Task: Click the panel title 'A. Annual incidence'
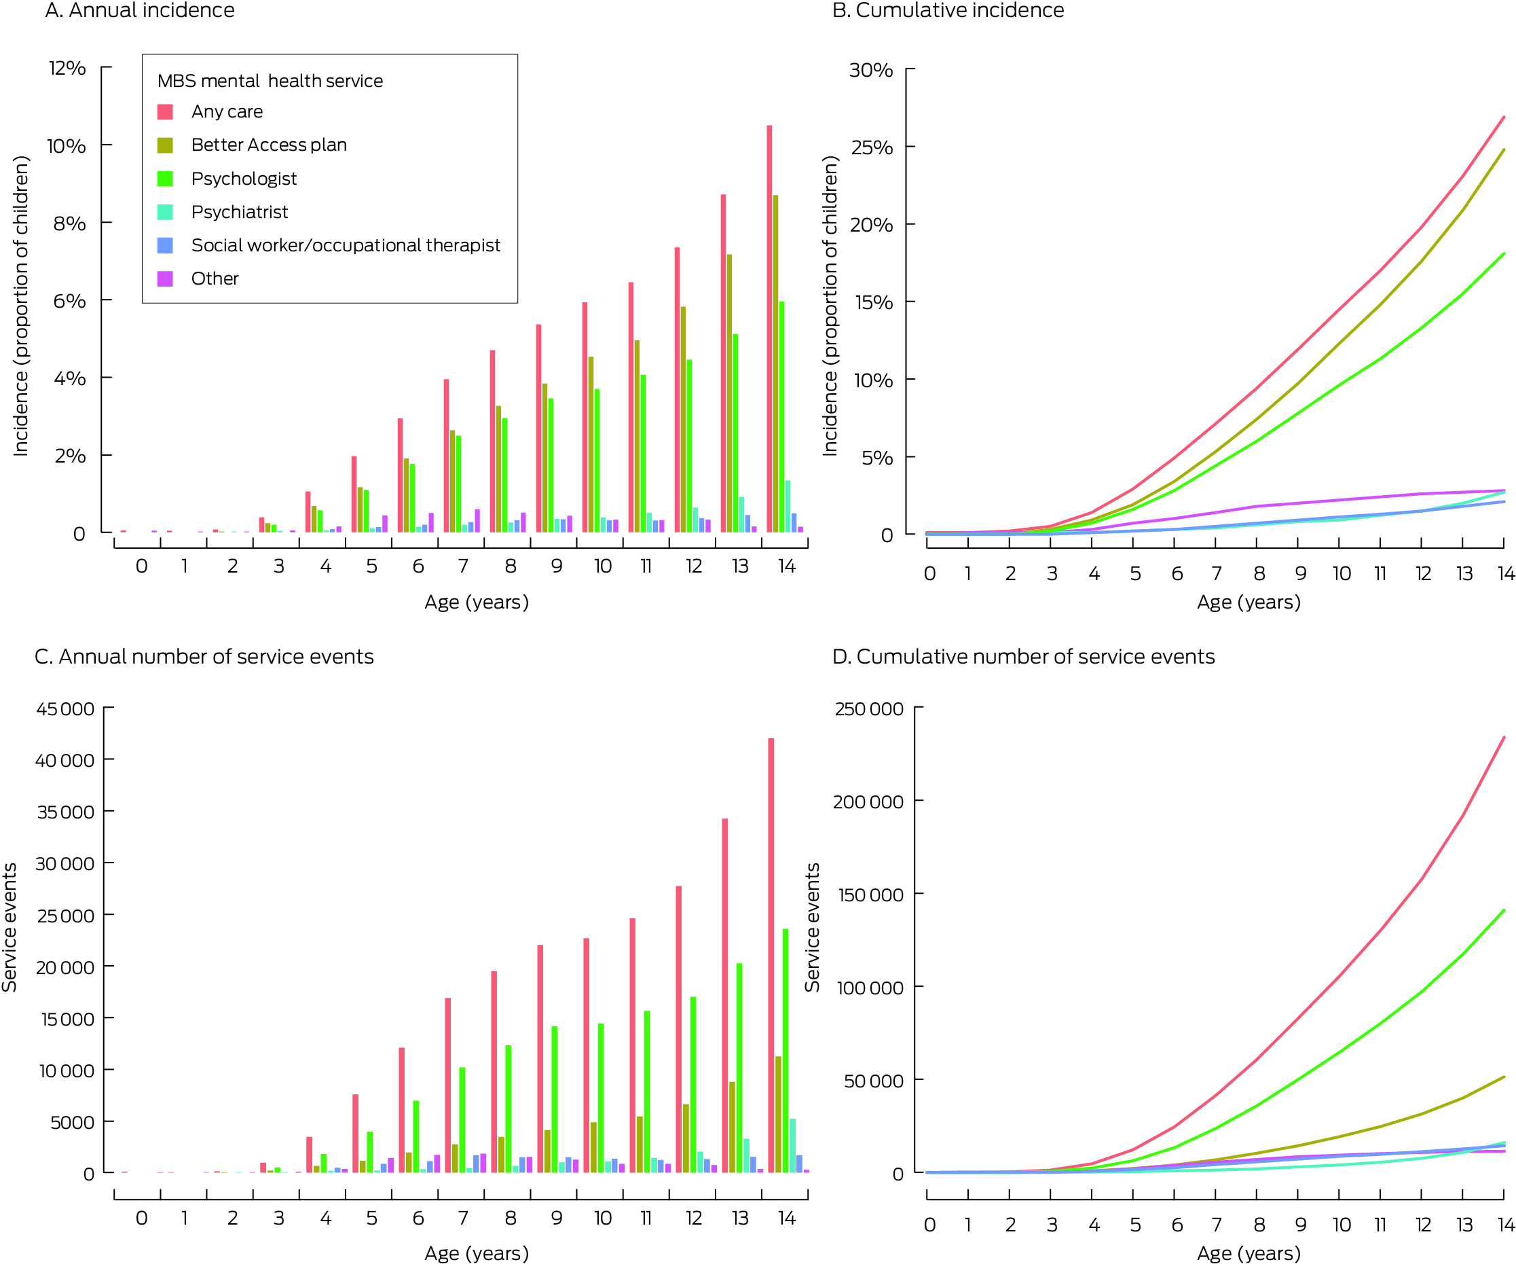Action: (139, 11)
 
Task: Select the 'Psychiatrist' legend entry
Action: (239, 213)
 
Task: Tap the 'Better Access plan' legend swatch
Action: (166, 145)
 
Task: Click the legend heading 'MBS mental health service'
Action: (270, 81)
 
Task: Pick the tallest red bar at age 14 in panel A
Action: (770, 329)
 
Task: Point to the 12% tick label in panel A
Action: (67, 69)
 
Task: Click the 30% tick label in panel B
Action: (871, 71)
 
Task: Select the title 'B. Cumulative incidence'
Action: (948, 11)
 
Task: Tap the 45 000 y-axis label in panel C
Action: (65, 709)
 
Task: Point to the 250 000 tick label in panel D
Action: (868, 709)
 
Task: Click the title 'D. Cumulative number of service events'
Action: (1023, 657)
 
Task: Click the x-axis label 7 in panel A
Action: (463, 566)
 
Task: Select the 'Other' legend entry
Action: (215, 278)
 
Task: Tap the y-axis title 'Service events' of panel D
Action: (813, 928)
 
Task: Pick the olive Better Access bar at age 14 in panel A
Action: (776, 363)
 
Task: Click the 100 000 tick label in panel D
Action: (870, 988)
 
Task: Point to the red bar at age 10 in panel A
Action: (585, 418)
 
